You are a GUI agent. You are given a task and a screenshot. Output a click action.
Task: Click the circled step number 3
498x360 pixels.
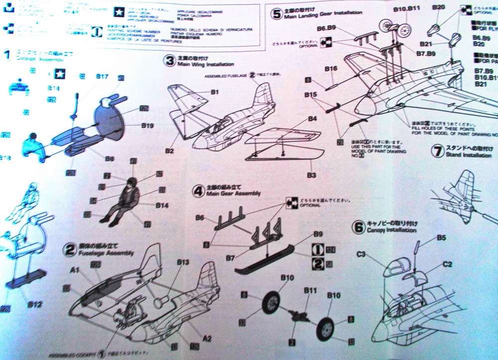(170, 61)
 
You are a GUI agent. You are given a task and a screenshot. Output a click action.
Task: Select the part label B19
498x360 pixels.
(147, 126)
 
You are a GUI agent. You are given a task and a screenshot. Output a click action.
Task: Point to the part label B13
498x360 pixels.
(183, 262)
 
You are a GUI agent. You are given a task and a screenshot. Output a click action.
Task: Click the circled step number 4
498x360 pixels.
(199, 190)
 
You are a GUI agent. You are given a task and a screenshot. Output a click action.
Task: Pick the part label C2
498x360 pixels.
(447, 264)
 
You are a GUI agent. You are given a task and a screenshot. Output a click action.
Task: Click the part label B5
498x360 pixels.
(441, 238)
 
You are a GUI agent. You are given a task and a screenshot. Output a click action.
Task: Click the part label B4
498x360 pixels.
(312, 119)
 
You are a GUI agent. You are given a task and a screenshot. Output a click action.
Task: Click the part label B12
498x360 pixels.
(34, 304)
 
